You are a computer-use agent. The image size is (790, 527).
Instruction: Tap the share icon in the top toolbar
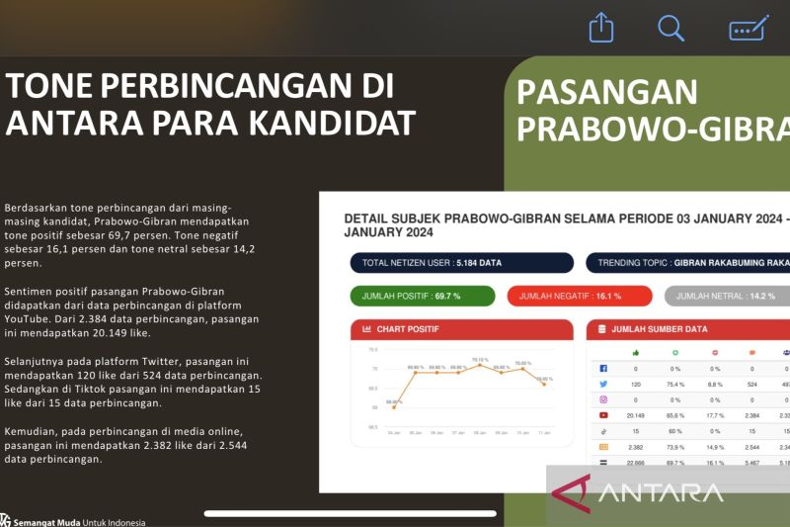[x=601, y=28]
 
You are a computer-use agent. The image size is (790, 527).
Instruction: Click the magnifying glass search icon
[x=671, y=28]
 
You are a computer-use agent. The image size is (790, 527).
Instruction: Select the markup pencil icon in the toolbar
[x=749, y=28]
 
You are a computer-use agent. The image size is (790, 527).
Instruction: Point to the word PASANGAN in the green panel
[x=606, y=92]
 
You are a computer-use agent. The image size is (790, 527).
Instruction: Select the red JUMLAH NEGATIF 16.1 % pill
[x=580, y=296]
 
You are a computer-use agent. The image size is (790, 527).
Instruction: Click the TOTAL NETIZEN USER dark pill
[x=461, y=263]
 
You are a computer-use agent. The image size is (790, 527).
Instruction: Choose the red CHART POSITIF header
[x=461, y=329]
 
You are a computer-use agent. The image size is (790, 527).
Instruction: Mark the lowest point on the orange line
[x=394, y=406]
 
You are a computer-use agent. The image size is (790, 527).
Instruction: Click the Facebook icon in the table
[x=603, y=368]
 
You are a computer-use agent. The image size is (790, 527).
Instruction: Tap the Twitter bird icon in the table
[x=603, y=384]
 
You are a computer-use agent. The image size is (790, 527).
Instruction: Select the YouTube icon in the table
[x=603, y=415]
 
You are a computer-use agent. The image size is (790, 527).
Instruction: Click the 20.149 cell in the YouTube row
[x=635, y=415]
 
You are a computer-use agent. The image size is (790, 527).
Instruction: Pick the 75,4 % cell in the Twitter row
[x=675, y=384]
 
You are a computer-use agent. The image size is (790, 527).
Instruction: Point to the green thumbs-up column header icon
[x=635, y=352]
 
